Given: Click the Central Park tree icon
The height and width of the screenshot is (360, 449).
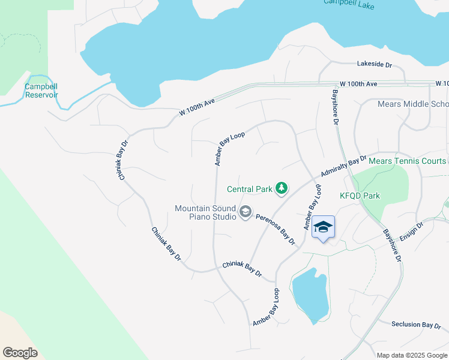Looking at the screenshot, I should click(x=281, y=190).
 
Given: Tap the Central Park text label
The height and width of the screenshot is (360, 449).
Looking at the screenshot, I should click(x=250, y=190).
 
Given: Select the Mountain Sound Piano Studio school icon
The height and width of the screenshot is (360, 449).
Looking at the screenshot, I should click(x=245, y=212).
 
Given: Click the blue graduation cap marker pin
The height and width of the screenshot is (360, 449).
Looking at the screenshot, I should click(x=323, y=228).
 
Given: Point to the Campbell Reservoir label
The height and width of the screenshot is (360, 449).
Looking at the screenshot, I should click(x=41, y=91).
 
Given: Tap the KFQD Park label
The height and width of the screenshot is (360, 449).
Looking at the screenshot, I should click(x=360, y=196).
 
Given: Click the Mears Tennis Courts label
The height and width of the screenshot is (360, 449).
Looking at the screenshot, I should click(x=407, y=161).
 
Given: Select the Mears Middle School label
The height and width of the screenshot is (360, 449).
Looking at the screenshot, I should click(x=412, y=104).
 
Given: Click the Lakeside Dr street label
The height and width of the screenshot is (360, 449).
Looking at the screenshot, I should click(x=374, y=64).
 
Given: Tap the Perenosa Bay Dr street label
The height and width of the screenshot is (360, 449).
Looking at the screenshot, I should click(x=276, y=229).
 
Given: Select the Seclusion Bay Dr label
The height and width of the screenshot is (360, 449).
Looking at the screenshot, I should click(x=416, y=325).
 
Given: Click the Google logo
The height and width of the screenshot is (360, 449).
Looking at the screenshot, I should click(x=20, y=352).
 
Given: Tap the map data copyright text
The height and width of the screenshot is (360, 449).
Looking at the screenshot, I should click(x=412, y=355).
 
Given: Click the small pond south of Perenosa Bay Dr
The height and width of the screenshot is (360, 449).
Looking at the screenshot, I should click(x=310, y=295).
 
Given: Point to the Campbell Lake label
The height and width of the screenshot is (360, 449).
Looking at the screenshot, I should click(x=349, y=2).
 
